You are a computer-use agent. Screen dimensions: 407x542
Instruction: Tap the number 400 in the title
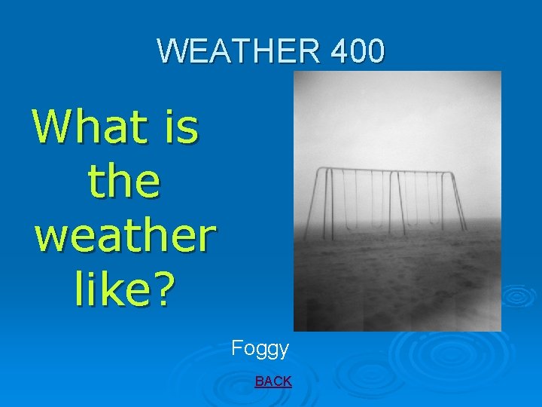pos(357,51)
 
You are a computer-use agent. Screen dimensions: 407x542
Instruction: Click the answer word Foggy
pos(260,348)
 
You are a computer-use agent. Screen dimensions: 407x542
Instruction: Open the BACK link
pos(273,381)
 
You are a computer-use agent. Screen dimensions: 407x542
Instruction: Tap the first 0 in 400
pos(358,51)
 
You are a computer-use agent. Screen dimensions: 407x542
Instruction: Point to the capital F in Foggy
pos(237,348)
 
